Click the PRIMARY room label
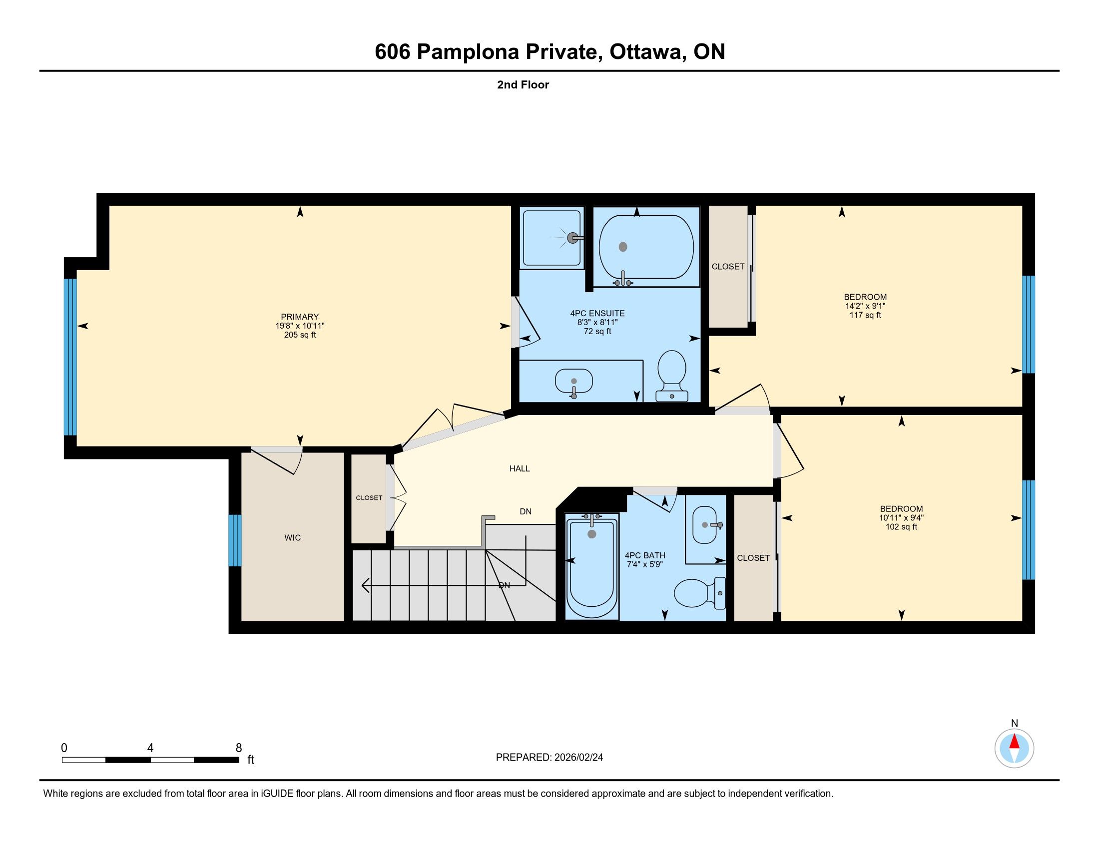(x=300, y=317)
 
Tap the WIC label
(x=292, y=538)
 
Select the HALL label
(x=520, y=468)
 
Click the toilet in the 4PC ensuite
(x=672, y=376)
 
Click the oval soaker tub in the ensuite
(x=646, y=247)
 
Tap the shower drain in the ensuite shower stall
(x=572, y=238)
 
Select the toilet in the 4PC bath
(x=700, y=593)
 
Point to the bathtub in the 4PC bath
(x=592, y=566)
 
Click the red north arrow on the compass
(x=1015, y=742)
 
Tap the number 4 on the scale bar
(x=150, y=748)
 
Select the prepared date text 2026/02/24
(x=577, y=758)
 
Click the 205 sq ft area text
(x=300, y=335)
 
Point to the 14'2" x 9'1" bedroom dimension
(x=866, y=306)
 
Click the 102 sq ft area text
(x=901, y=527)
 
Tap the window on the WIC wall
(x=235, y=540)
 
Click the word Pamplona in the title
(x=468, y=52)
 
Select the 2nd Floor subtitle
(x=523, y=84)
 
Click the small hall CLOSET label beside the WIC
(x=369, y=498)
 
